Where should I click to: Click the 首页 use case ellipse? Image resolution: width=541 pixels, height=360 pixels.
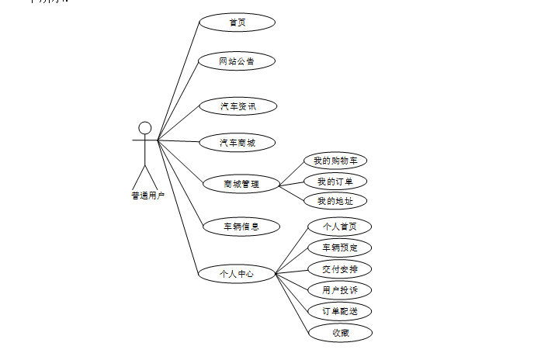point(238,22)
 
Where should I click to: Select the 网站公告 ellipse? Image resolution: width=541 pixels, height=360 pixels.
point(237,61)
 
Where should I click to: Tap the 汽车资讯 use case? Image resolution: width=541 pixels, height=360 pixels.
point(238,106)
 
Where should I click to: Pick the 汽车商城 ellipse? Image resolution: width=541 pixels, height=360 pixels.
point(238,143)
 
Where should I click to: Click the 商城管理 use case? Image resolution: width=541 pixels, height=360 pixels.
point(241,184)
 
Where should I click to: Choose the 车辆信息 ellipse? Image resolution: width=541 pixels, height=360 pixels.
point(241,227)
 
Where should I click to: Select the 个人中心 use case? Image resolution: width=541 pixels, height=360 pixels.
point(236,273)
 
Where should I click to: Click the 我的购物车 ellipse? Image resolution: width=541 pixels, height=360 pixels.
point(335,161)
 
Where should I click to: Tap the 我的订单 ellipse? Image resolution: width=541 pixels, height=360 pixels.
point(335,182)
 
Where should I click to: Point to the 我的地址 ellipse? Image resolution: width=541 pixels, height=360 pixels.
point(335,202)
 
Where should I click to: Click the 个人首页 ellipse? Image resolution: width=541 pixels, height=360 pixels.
point(340,227)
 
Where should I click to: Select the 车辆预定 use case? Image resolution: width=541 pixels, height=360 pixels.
point(340,247)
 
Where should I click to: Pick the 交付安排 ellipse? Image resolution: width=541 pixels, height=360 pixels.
point(340,269)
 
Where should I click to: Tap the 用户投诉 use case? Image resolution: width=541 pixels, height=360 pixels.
point(340,290)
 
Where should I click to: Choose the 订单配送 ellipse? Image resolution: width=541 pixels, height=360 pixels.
point(340,311)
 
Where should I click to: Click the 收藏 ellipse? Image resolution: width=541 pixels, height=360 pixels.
point(340,332)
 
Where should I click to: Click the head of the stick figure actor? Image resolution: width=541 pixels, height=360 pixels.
point(144,127)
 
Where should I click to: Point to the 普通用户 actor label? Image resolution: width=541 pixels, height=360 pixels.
point(147,196)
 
